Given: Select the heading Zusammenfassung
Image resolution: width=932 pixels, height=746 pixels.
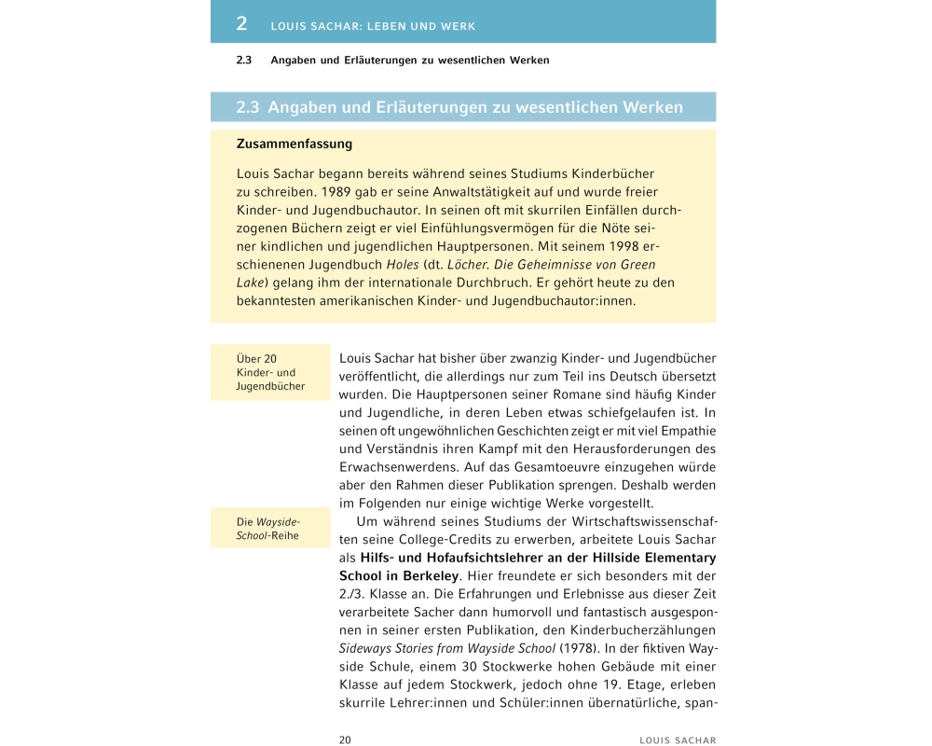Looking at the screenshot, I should coord(295,145).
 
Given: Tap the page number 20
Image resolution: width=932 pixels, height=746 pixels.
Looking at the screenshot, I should coord(345,739).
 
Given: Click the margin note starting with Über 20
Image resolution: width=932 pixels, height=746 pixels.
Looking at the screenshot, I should coord(270,372).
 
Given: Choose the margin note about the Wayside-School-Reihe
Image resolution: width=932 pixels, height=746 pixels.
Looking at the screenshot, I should coord(269,529).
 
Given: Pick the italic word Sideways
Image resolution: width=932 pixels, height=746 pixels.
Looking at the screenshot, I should coord(366,646).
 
